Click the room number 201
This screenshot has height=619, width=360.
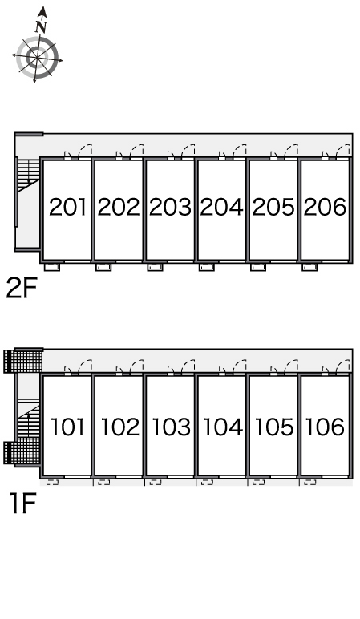pos(67,207)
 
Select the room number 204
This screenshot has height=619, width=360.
pos(221,207)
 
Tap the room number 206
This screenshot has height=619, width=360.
pos(325,207)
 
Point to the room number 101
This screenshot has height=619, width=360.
pos(67,427)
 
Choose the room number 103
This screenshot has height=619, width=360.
pos(172,427)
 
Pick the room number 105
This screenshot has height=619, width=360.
pos(274,427)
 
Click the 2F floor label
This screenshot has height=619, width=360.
pos(22,288)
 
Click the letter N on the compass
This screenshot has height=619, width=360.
pos(41,26)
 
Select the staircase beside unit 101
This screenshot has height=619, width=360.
pos(28,419)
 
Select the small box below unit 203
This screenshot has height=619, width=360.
pos(155,267)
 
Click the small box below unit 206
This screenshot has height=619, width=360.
pos(309,267)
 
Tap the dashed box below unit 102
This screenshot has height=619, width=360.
pos(103,482)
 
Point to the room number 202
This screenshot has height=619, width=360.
pos(119,207)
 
